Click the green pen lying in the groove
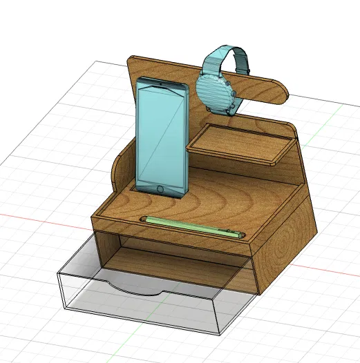193,226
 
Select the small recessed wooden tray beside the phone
238,145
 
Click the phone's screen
162,135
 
